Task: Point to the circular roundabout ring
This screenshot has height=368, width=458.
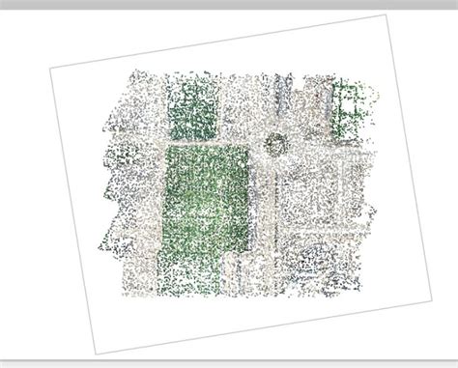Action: tap(276, 145)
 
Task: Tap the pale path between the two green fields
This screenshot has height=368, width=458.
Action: tap(203, 141)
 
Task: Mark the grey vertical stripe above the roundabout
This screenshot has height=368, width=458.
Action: tap(280, 97)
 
